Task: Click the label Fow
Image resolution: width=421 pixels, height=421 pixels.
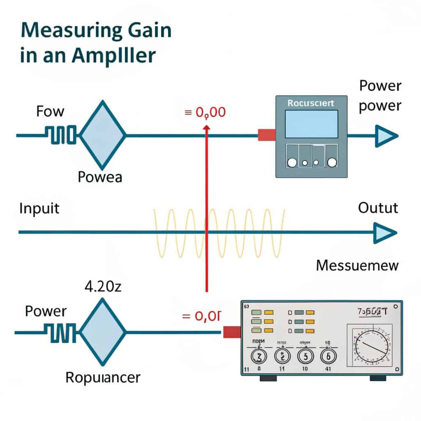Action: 51,111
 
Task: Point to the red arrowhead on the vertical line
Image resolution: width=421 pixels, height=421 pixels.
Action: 206,128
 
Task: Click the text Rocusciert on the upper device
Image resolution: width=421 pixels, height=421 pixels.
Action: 311,103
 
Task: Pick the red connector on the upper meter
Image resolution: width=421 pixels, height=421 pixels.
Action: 266,135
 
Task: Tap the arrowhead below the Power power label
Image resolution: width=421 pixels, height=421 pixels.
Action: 385,135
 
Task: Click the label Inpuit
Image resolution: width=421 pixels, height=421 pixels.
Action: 39,208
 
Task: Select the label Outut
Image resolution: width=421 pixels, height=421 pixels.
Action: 378,208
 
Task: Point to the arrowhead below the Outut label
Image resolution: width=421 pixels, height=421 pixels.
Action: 384,232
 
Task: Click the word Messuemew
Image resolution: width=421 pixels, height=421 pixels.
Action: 357,265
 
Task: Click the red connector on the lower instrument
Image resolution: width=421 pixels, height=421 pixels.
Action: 232,332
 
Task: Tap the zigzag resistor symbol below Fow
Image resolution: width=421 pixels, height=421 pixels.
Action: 60,135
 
